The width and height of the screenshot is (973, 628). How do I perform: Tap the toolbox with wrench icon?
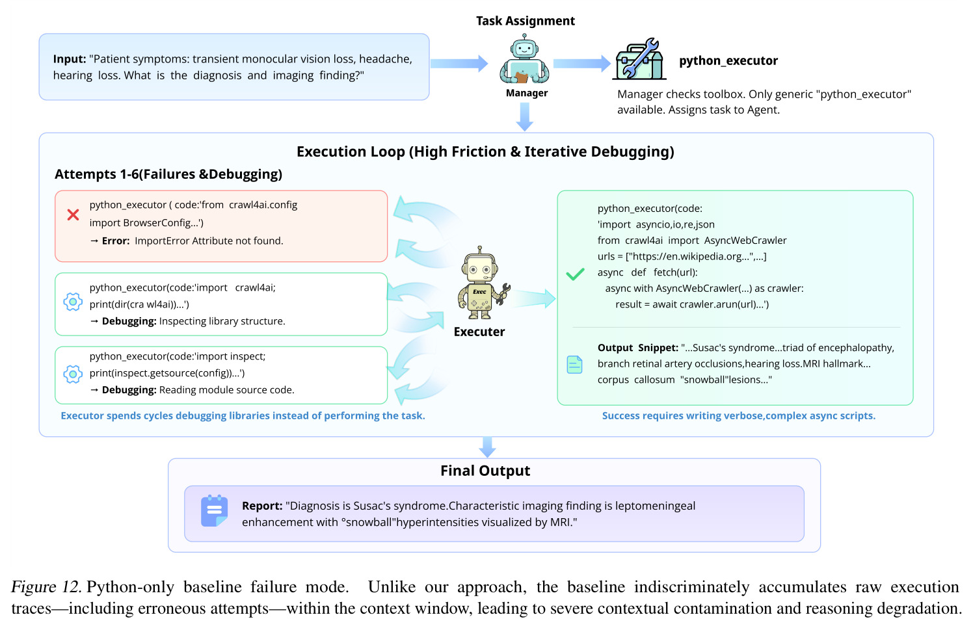pyautogui.click(x=639, y=59)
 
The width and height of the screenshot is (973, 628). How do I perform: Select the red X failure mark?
pyautogui.click(x=73, y=215)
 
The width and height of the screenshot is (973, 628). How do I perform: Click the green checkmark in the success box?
pyautogui.click(x=575, y=274)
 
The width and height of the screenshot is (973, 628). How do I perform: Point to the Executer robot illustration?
pyautogui.click(x=483, y=283)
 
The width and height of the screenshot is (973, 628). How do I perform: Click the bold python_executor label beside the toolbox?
pyautogui.click(x=728, y=61)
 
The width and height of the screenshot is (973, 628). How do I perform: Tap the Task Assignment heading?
pyautogui.click(x=525, y=21)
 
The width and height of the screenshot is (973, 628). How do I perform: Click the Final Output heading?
pyautogui.click(x=485, y=471)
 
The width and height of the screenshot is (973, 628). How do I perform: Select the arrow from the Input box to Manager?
pyautogui.click(x=459, y=64)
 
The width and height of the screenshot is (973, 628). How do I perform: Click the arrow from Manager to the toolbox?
pyautogui.click(x=582, y=64)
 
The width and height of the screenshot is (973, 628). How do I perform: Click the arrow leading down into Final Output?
pyautogui.click(x=487, y=447)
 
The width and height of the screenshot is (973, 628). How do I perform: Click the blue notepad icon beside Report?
pyautogui.click(x=214, y=511)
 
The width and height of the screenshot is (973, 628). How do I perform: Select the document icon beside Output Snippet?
pyautogui.click(x=574, y=364)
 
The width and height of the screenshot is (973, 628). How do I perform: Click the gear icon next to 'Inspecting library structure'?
pyautogui.click(x=73, y=302)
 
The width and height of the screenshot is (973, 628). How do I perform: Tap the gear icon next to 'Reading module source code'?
pyautogui.click(x=73, y=374)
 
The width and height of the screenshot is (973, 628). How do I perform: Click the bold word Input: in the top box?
pyautogui.click(x=70, y=59)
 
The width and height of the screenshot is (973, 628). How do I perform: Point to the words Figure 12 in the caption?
pyautogui.click(x=46, y=587)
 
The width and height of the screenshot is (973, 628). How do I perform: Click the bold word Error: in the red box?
pyautogui.click(x=116, y=241)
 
